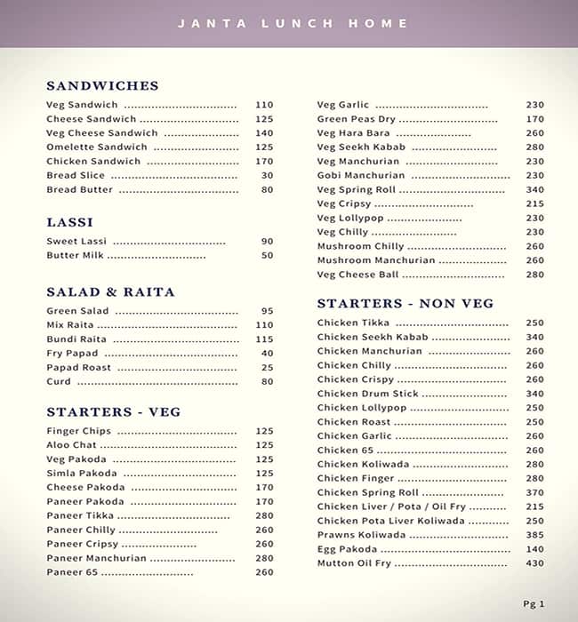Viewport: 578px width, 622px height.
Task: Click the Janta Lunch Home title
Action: point(293,24)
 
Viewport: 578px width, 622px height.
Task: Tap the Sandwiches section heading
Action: point(102,86)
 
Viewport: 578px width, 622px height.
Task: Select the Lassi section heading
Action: point(69,222)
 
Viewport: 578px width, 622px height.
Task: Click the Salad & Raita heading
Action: point(110,292)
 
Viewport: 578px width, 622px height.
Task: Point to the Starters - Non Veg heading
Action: point(405,304)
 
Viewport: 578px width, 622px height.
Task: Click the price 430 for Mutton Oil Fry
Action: point(534,564)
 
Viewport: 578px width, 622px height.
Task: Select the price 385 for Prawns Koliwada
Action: point(534,536)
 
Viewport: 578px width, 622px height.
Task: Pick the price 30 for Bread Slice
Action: point(267,176)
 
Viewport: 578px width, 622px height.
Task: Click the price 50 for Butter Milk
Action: point(267,256)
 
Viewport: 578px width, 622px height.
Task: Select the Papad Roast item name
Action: point(78,368)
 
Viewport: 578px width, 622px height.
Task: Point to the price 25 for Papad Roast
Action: point(267,368)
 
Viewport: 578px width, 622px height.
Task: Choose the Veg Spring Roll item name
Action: point(356,190)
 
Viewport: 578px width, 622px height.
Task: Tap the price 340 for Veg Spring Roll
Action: point(534,190)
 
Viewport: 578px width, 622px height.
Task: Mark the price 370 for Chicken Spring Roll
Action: point(534,493)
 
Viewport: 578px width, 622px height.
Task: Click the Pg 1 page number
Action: point(534,604)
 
